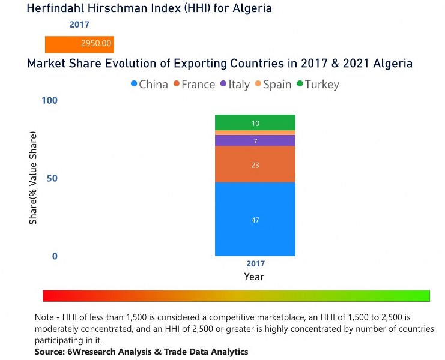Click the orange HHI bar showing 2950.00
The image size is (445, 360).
(79, 44)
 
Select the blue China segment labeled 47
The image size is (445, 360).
(255, 220)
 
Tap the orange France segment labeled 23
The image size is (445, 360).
(255, 164)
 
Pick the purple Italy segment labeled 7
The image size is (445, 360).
(255, 140)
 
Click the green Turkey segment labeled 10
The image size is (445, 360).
(255, 122)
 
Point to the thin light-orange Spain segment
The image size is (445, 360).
(255, 133)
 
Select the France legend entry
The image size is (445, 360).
(194, 85)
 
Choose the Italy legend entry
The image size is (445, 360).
(235, 85)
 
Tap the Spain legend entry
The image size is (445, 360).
(273, 85)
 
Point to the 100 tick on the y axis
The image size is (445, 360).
(49, 100)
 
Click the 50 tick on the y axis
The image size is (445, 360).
(52, 179)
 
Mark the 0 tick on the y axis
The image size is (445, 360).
(55, 257)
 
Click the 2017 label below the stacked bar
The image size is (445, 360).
(255, 264)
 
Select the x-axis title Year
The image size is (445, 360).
(255, 277)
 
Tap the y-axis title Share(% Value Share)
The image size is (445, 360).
(34, 178)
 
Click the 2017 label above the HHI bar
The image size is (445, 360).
(79, 25)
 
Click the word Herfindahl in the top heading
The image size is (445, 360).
(58, 8)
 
